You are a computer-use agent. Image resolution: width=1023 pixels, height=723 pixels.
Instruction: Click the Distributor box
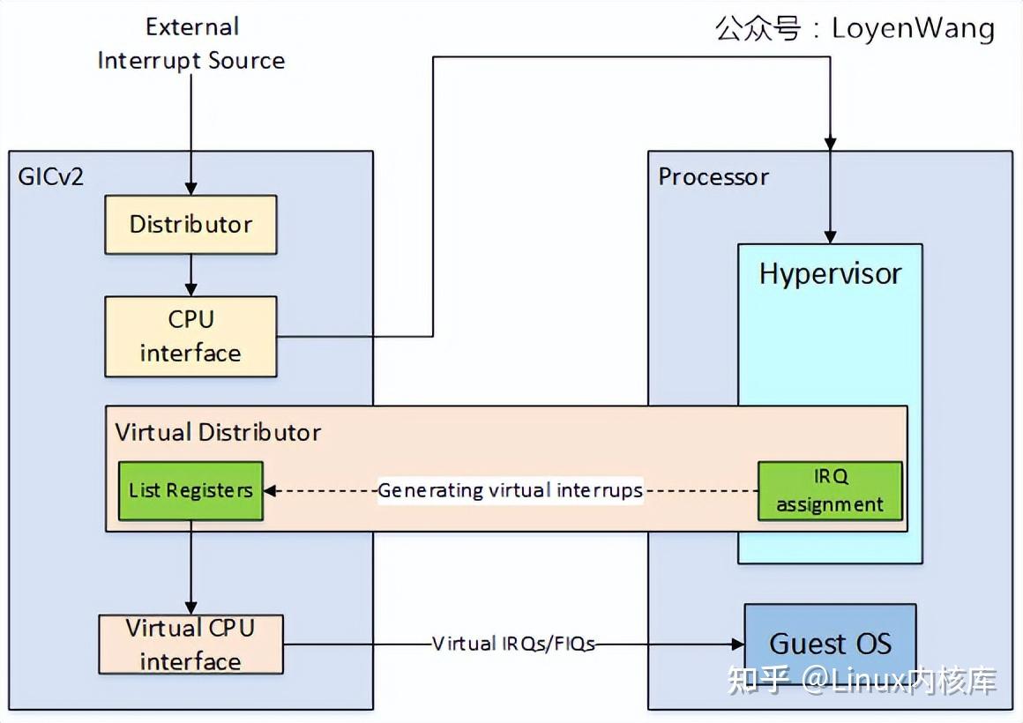click(190, 225)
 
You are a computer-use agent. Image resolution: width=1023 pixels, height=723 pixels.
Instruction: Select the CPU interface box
click(190, 337)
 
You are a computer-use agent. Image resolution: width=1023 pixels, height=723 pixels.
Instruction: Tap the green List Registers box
click(190, 490)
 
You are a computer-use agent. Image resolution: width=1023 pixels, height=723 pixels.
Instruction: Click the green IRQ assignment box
click(830, 490)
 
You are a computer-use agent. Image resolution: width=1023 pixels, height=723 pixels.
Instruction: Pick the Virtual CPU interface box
click(190, 645)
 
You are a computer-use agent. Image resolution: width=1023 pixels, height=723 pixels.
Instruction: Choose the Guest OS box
click(830, 644)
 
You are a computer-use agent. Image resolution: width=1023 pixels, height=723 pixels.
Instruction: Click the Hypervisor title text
click(830, 274)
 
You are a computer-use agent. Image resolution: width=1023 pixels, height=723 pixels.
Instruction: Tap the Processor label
click(713, 176)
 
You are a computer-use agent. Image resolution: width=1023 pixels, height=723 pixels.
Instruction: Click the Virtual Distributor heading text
click(218, 432)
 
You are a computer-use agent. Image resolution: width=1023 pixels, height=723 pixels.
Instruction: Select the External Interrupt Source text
click(191, 44)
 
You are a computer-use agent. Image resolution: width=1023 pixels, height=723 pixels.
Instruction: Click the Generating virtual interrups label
click(511, 490)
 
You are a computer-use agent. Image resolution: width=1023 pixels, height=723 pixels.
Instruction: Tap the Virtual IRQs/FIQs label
click(513, 644)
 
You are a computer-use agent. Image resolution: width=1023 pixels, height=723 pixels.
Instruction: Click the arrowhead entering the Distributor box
click(190, 188)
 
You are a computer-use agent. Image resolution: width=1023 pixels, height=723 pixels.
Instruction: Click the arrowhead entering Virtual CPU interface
click(190, 607)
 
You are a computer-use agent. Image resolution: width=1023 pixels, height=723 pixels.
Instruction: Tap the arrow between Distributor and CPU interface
click(190, 278)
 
